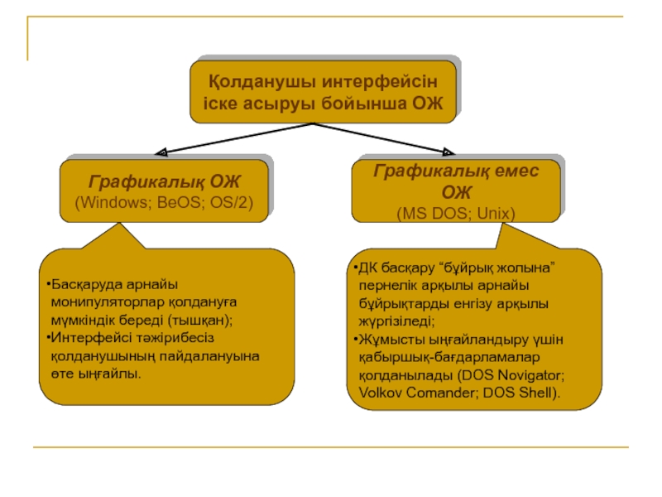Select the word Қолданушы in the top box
point(250,83)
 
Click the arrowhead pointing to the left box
point(161,152)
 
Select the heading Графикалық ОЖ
point(165,181)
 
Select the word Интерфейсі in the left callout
point(86,338)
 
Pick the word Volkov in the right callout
point(369,392)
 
